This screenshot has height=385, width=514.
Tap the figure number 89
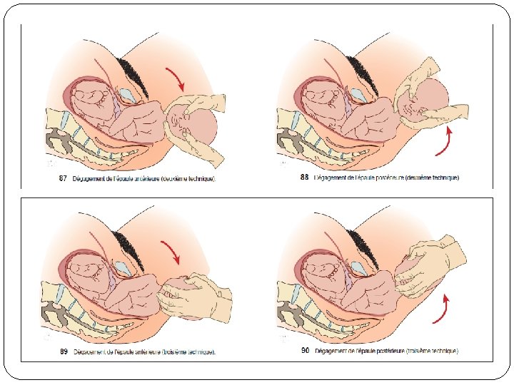(x=64, y=351)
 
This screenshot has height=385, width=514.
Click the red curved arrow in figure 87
(x=174, y=78)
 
